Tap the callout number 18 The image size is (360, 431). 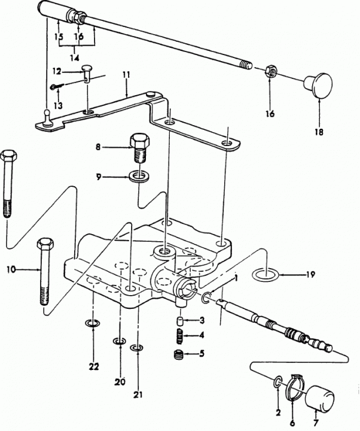[318, 132]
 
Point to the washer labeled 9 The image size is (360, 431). [139, 177]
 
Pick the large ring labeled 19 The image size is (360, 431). [264, 275]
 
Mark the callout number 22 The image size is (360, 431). [94, 366]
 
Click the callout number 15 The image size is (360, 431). [57, 36]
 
